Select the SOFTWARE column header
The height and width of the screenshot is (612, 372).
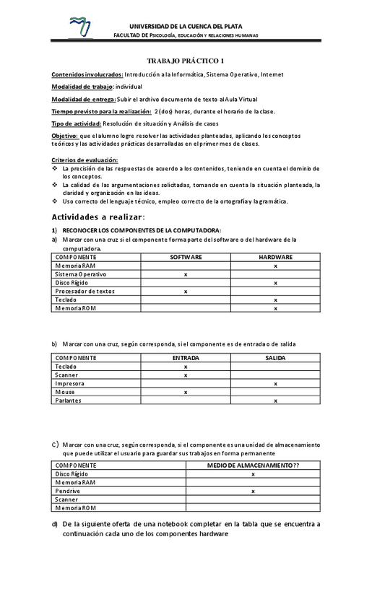tap(186, 258)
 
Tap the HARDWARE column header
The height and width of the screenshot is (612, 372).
tap(275, 258)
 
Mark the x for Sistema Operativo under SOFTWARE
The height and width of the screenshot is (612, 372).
tap(186, 275)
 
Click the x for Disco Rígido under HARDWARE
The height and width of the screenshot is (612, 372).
tap(275, 283)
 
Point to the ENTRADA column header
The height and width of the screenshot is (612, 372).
tap(186, 358)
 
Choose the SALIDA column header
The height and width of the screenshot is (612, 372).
tap(275, 358)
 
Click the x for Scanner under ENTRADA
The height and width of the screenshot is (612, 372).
tap(186, 375)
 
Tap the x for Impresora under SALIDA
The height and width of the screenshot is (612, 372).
tap(275, 384)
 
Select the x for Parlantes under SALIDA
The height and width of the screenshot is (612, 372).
tap(275, 401)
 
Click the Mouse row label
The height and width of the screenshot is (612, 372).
tap(65, 392)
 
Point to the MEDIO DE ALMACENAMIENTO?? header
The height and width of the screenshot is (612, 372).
tap(253, 466)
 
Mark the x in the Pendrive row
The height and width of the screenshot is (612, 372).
tap(253, 491)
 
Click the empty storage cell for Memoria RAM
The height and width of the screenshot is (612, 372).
tap(253, 483)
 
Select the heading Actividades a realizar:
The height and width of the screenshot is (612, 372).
tap(98, 217)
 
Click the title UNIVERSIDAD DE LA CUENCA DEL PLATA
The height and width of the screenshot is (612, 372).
tap(191, 26)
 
